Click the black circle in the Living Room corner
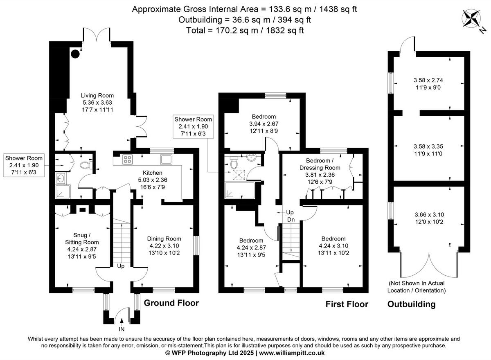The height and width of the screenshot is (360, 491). [x=75, y=54]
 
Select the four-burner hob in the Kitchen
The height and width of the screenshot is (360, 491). [x=127, y=159]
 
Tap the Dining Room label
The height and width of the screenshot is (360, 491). [x=164, y=239]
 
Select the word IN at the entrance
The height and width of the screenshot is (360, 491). [x=122, y=329]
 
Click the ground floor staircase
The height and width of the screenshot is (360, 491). [x=121, y=241]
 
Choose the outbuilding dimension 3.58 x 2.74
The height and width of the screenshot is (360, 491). [x=428, y=80]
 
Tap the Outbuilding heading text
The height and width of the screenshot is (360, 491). [x=411, y=304]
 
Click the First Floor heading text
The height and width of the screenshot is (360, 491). [x=347, y=304]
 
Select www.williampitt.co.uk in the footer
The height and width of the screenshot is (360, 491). [x=292, y=353]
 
